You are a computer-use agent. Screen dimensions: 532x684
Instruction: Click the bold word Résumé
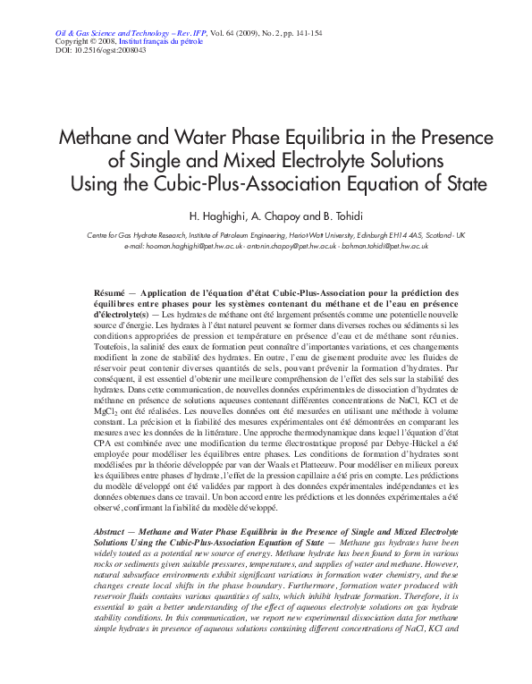point(108,293)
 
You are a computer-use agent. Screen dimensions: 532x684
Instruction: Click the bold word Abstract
point(109,531)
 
